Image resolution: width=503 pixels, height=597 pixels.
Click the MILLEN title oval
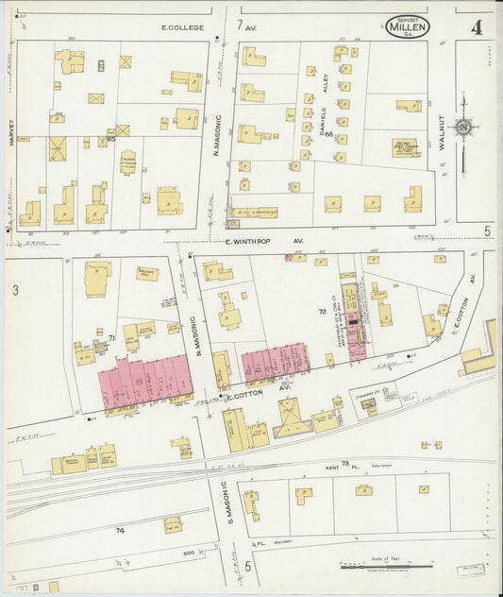(x=407, y=26)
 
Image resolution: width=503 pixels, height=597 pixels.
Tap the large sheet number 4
(x=477, y=26)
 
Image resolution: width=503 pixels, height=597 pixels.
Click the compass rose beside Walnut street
(x=463, y=127)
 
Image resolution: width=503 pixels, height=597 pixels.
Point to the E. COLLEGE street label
(x=182, y=28)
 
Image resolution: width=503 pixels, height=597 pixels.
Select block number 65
(x=110, y=139)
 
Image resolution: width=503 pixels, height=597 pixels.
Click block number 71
(x=111, y=336)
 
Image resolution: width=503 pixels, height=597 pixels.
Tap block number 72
(x=322, y=310)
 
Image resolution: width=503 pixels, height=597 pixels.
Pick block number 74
(x=120, y=531)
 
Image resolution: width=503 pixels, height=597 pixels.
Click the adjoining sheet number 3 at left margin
(x=15, y=291)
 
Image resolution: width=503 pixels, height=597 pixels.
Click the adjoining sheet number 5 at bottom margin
(x=248, y=566)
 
